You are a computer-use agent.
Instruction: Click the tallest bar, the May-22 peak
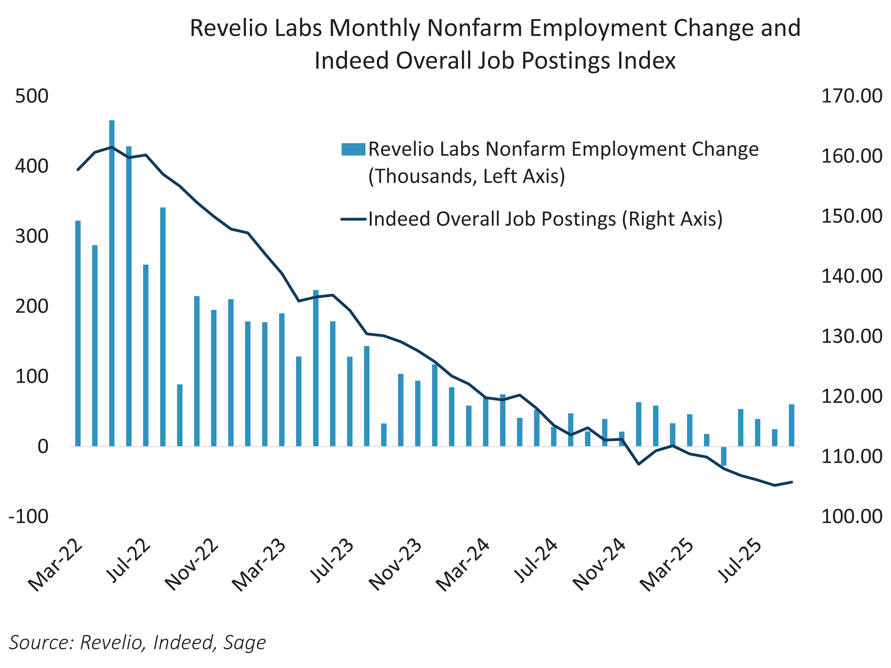point(112,282)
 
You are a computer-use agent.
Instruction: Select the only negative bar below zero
point(723,456)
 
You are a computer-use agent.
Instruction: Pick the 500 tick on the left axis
point(31,96)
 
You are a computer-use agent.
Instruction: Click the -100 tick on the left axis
point(28,516)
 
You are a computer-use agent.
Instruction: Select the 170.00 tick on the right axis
point(851,96)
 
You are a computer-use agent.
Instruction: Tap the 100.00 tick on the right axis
point(851,516)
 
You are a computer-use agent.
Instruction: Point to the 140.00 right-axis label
point(851,276)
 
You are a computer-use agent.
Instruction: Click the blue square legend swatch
point(353,149)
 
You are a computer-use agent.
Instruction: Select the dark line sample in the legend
point(353,219)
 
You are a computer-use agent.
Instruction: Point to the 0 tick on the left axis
point(43,447)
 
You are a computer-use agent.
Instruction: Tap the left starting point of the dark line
point(78,170)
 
